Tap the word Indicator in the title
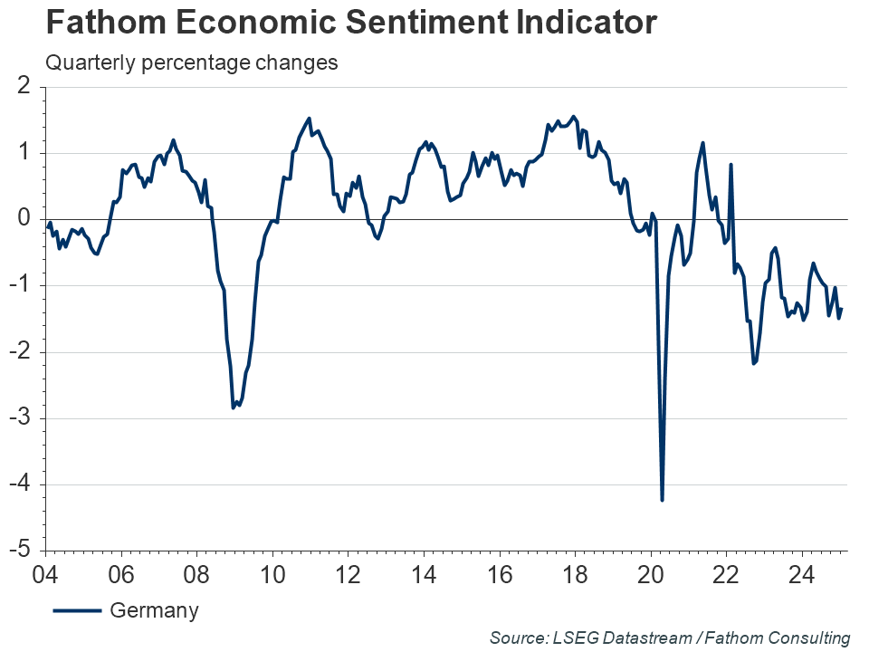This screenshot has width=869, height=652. coord(581,23)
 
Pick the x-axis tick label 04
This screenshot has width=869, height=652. coord(44,574)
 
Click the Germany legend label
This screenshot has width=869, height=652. coord(154,610)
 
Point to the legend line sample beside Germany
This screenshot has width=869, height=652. coord(77,610)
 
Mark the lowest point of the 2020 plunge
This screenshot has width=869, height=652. coord(663,500)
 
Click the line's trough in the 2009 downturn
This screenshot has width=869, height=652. coord(234,407)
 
